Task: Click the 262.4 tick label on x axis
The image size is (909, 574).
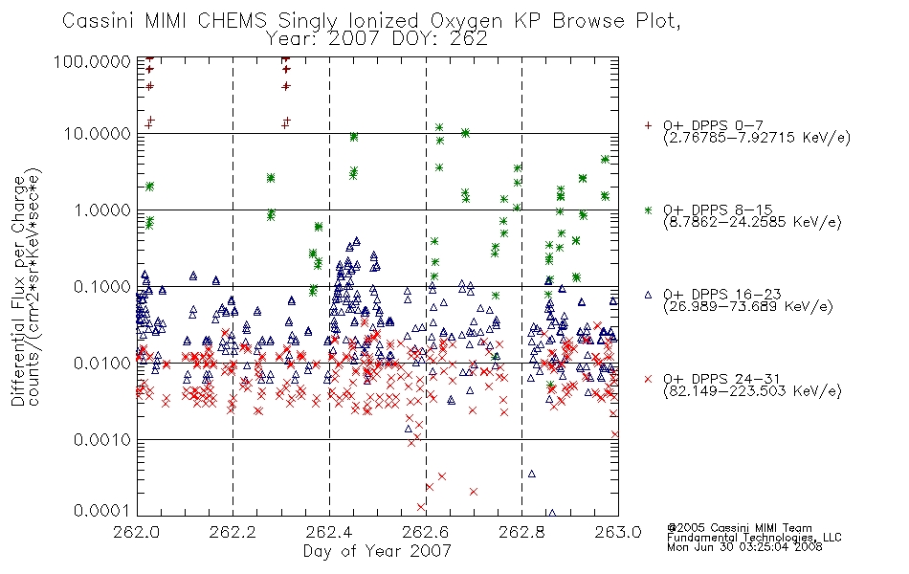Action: pos(329,532)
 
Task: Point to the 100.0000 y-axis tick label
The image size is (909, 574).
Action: pos(92,61)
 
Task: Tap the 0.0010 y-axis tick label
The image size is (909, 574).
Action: pos(102,440)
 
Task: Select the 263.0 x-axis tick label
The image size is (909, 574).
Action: pos(618,532)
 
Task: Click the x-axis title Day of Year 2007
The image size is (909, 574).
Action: pos(377,550)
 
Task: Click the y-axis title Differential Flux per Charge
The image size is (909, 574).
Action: pos(18,290)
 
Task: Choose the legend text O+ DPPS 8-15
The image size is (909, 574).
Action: pos(718,210)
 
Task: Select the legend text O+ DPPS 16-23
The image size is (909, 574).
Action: pos(722,294)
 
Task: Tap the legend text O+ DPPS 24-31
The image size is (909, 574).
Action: pos(722,379)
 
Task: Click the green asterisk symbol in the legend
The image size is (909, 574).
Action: pos(648,210)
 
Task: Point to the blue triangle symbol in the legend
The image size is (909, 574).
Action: pos(648,295)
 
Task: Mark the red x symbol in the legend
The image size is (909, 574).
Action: pos(648,379)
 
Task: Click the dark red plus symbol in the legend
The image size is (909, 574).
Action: pos(648,125)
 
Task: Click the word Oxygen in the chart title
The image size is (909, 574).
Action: pos(466,21)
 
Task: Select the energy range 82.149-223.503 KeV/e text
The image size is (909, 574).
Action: pos(752,391)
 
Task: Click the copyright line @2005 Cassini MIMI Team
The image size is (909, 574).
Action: pos(739,528)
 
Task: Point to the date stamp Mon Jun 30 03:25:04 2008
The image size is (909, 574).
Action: pos(744,547)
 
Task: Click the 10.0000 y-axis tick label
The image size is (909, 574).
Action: pos(98,134)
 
